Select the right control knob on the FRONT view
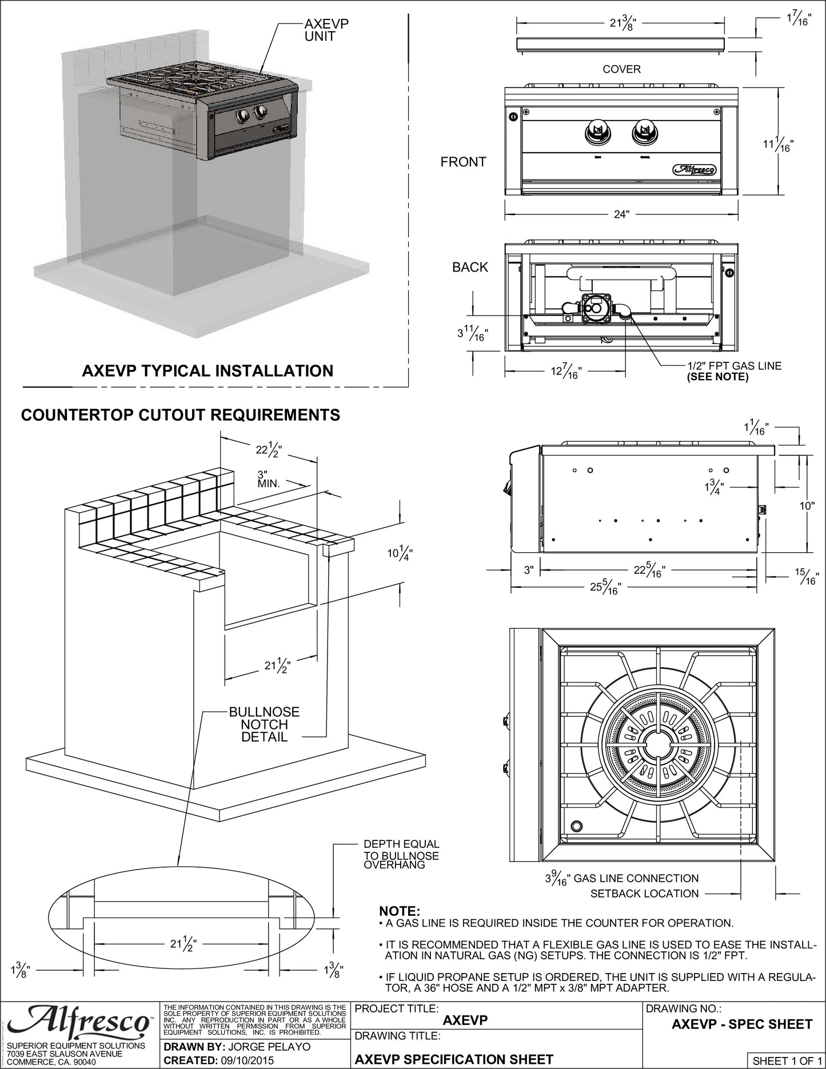pos(644,132)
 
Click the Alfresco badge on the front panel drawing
pos(694,169)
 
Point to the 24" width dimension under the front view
pos(621,215)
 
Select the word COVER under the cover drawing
pos(621,69)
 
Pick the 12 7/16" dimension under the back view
pos(565,372)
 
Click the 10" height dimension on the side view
pos(807,505)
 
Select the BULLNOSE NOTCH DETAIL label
pos(264,724)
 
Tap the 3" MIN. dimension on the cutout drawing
pos(268,478)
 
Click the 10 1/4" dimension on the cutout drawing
pos(400,553)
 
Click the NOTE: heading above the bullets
pos(400,911)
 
